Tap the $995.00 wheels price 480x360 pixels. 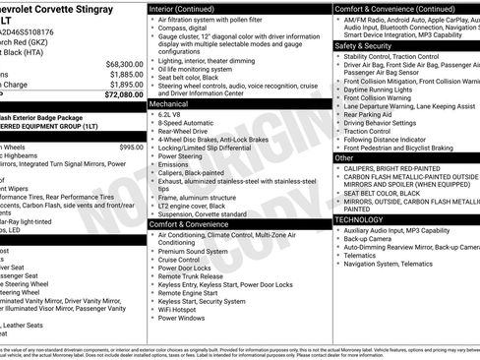coord(131,147)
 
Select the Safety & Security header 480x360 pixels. coord(363,45)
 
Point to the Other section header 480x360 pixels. coord(344,157)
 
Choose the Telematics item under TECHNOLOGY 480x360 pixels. coord(363,255)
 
